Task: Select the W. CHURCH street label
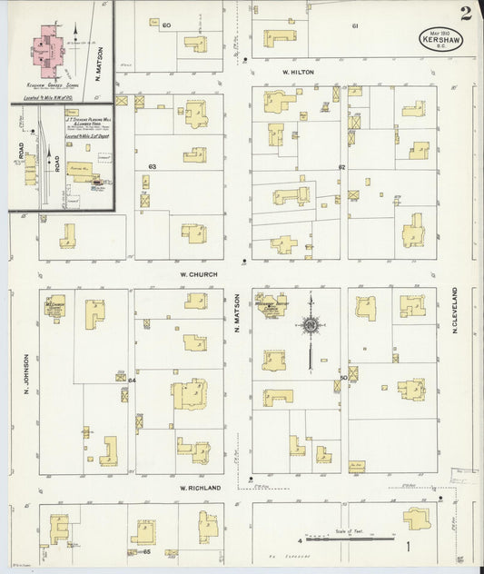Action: tap(195, 273)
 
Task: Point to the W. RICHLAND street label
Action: tap(200, 488)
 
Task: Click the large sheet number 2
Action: tap(466, 13)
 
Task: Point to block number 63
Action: tap(152, 166)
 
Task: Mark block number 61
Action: tap(355, 25)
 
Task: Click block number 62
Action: tap(342, 167)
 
